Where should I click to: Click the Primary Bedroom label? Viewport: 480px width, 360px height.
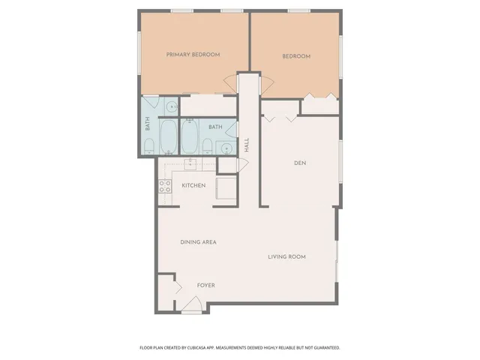pyautogui.click(x=193, y=55)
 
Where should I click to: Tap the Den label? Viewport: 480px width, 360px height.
pyautogui.click(x=300, y=163)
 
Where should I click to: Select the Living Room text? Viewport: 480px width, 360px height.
pyautogui.click(x=287, y=257)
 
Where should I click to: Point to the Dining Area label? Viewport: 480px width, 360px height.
pyautogui.click(x=199, y=242)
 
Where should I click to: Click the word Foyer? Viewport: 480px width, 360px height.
pyautogui.click(x=206, y=286)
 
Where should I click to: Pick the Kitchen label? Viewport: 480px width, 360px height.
pyautogui.click(x=193, y=185)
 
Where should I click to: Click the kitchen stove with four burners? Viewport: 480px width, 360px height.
pyautogui.click(x=165, y=187)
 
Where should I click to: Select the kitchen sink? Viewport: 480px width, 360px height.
pyautogui.click(x=190, y=163)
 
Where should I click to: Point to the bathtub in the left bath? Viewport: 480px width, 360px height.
pyautogui.click(x=169, y=136)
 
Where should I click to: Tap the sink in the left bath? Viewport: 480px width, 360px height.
pyautogui.click(x=171, y=106)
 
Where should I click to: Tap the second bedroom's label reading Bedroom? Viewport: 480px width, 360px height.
pyautogui.click(x=296, y=56)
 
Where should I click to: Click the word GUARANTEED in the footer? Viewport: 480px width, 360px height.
pyautogui.click(x=325, y=348)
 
